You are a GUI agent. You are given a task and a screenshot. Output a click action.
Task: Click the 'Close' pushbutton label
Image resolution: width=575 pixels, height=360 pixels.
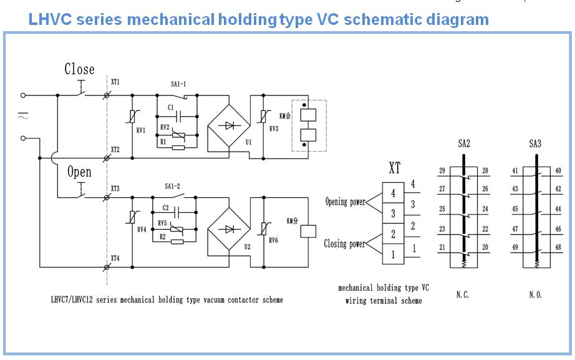click(79, 69)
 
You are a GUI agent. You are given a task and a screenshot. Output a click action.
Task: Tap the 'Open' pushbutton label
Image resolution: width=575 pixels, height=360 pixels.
click(79, 172)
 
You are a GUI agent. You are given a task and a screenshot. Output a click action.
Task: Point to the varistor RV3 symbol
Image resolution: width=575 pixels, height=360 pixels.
click(264, 116)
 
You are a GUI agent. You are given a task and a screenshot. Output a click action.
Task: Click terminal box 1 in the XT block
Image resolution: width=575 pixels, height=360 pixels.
click(393, 255)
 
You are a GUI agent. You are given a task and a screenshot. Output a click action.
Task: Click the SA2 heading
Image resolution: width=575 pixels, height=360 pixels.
click(464, 144)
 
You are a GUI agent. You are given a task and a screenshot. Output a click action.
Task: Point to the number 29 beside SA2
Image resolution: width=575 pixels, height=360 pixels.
click(442, 171)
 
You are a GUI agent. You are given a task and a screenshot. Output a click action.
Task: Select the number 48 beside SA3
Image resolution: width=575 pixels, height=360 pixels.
click(558, 247)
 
